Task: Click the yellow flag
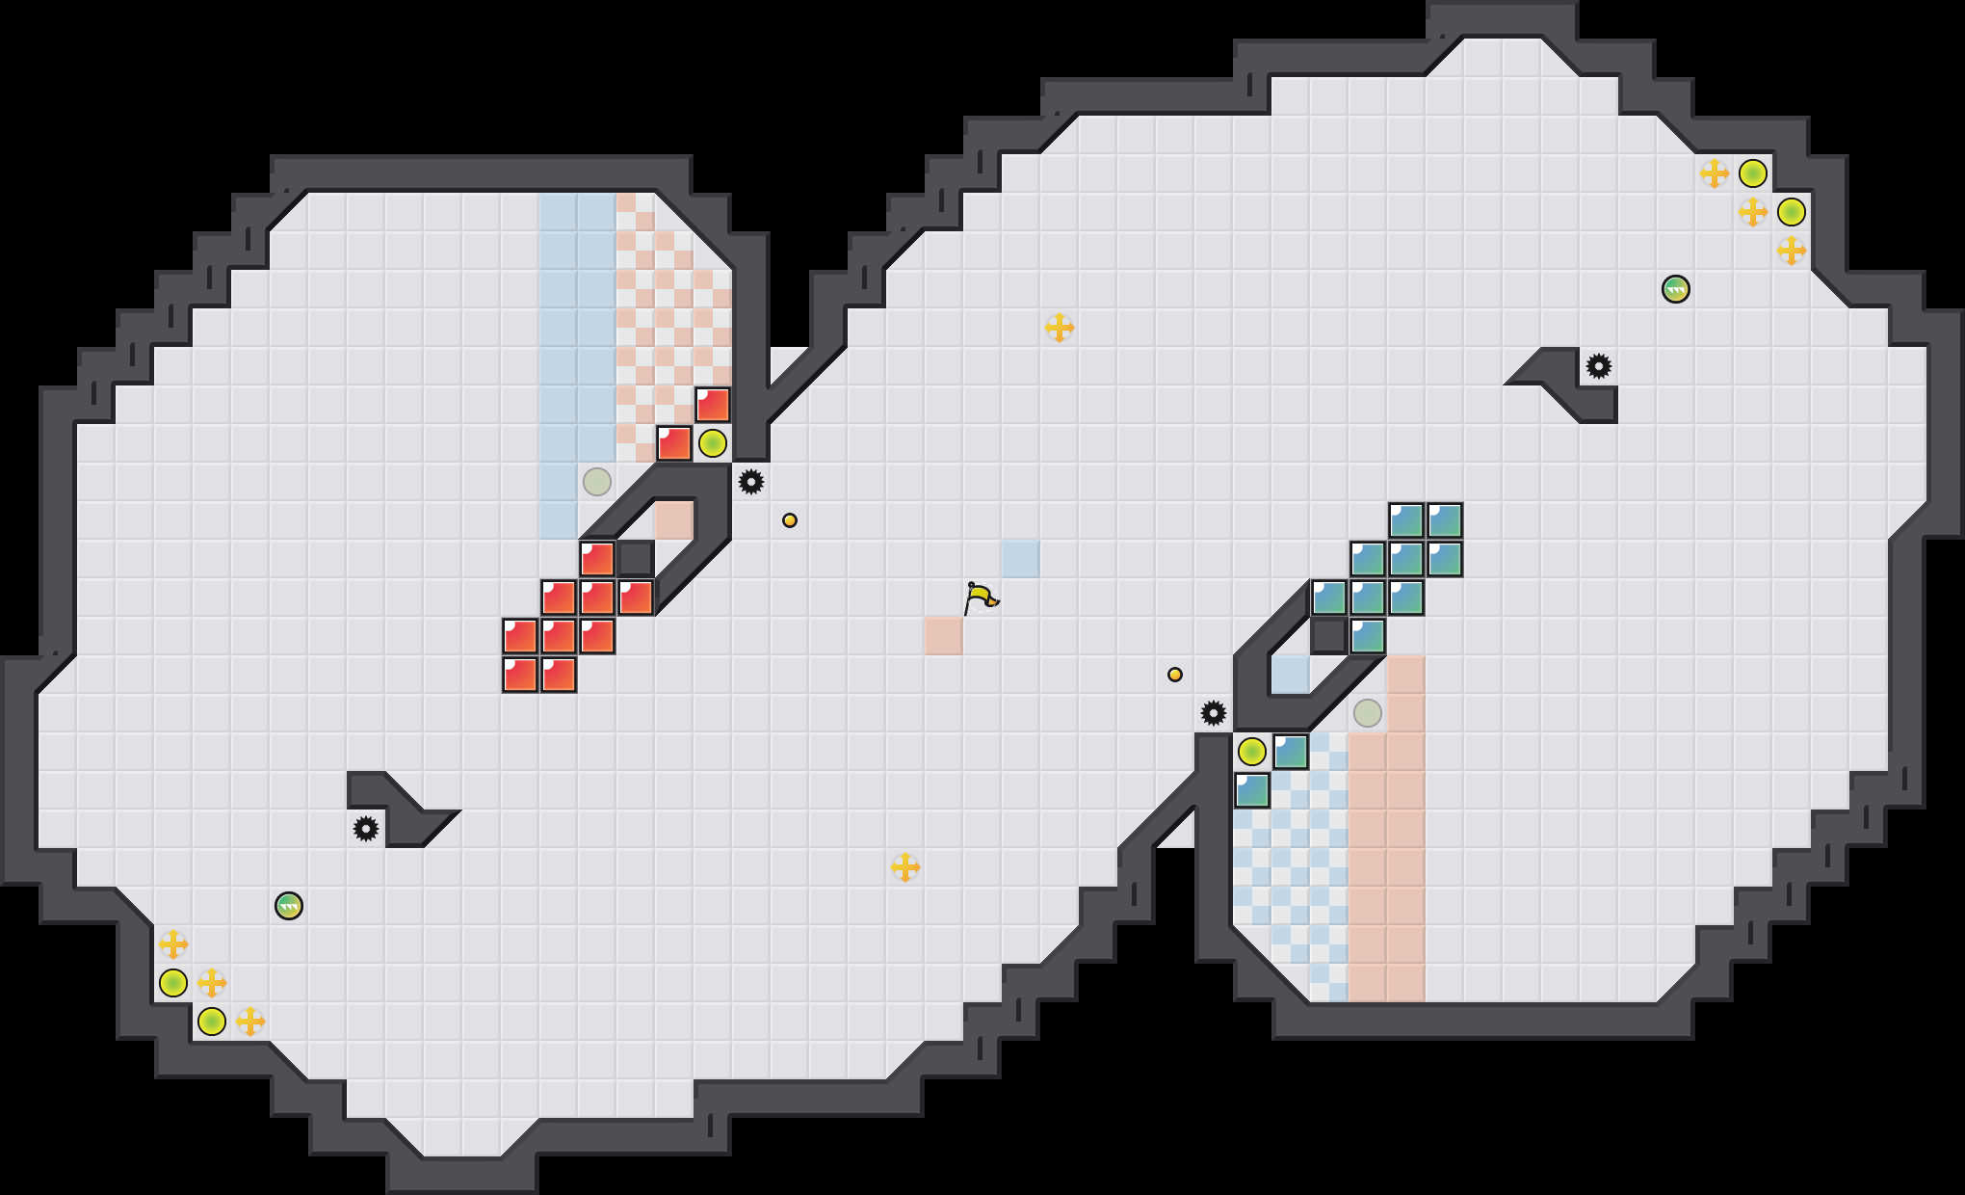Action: tap(981, 597)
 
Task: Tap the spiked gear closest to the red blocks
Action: tap(751, 481)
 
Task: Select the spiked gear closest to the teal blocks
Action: tap(1214, 713)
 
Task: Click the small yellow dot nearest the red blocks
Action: tap(790, 520)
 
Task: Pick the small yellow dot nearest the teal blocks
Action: tap(1175, 675)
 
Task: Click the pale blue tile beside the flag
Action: tap(1021, 559)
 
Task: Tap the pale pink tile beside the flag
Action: tap(944, 636)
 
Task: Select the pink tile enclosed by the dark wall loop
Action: tap(674, 520)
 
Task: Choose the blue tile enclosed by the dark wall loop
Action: tap(1291, 675)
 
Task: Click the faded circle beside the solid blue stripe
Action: tap(597, 481)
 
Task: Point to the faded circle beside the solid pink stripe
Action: tap(1368, 713)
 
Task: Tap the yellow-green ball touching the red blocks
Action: tap(713, 443)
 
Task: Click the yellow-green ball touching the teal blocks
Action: tap(1252, 751)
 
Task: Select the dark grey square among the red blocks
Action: tap(636, 559)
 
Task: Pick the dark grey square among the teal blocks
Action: tap(1329, 636)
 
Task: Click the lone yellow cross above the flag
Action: tap(1060, 328)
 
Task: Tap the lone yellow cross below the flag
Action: tap(905, 867)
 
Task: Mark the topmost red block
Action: tap(713, 405)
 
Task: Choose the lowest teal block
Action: tap(1252, 790)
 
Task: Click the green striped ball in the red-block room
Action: tap(289, 906)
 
